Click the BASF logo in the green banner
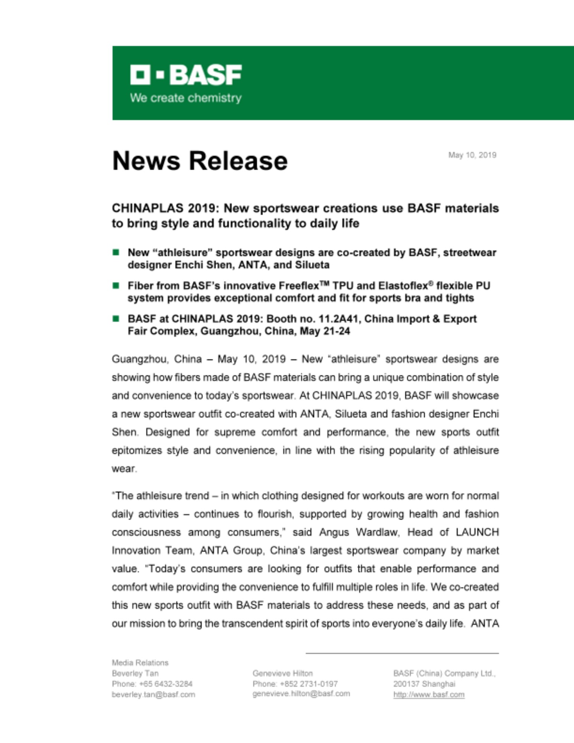(186, 75)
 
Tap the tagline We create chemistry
(186, 98)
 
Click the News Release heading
(200, 161)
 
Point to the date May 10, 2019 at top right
(472, 155)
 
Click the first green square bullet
(116, 253)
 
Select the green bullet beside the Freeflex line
(116, 286)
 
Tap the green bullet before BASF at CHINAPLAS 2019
(116, 319)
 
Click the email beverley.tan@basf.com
(153, 694)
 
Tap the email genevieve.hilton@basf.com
(301, 694)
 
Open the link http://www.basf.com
(429, 694)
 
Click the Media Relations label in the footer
(140, 663)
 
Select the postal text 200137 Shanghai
(424, 684)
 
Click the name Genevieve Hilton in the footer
(282, 673)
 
